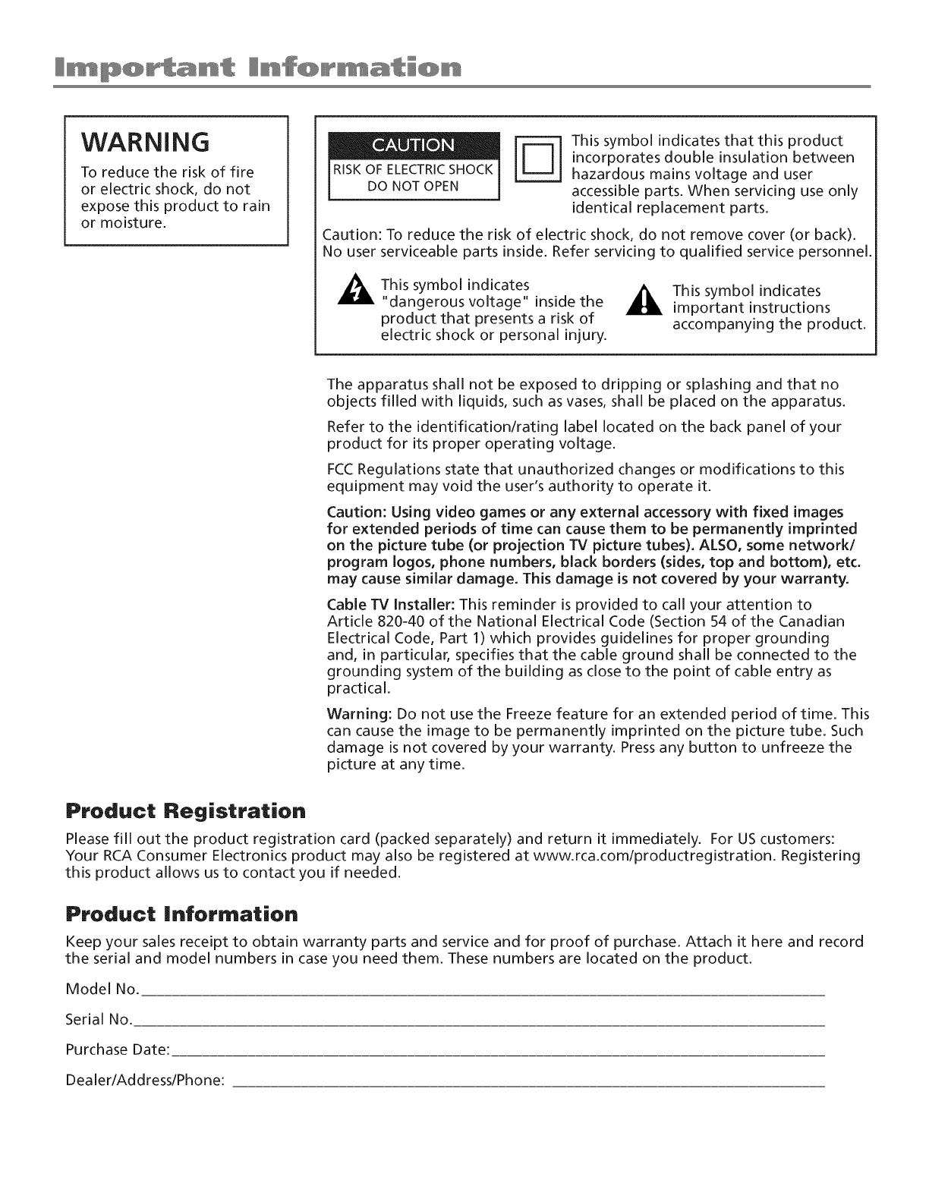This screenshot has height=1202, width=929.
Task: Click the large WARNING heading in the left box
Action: [146, 141]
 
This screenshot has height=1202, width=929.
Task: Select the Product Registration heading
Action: [186, 810]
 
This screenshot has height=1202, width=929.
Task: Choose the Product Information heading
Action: [182, 914]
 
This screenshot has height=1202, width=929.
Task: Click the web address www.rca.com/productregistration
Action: [650, 856]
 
